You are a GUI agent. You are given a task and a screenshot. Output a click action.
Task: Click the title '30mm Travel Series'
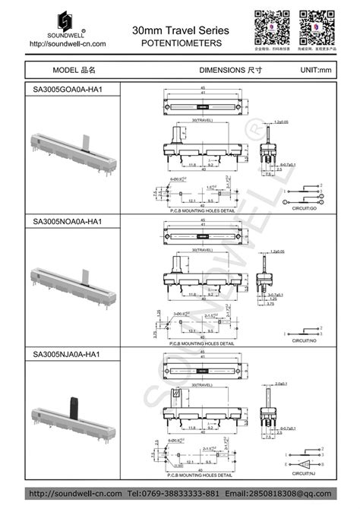[x=180, y=30]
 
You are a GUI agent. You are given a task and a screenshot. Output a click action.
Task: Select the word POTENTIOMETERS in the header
[x=182, y=44]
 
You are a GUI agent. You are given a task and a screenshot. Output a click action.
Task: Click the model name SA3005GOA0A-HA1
[x=68, y=90]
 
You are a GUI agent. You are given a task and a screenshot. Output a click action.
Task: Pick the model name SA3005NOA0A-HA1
[x=68, y=222]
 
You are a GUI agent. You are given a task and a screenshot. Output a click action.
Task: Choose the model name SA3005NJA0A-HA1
[x=67, y=354]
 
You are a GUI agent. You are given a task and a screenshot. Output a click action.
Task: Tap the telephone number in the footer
[x=177, y=494]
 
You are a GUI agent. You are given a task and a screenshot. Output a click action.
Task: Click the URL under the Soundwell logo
[x=67, y=44]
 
